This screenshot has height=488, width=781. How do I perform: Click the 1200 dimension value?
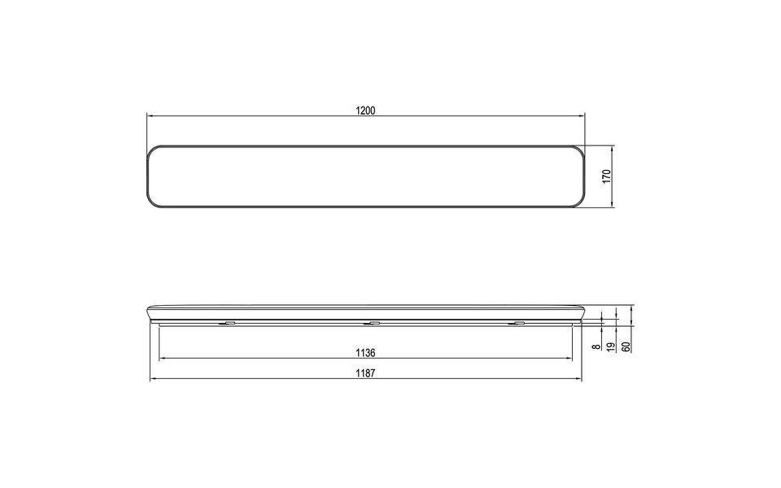click(365, 111)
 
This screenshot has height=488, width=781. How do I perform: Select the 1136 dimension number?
click(365, 353)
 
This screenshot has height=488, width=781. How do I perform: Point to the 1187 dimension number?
click(365, 374)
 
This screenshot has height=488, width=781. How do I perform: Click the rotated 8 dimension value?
click(596, 346)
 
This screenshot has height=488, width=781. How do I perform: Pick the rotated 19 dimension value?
click(612, 346)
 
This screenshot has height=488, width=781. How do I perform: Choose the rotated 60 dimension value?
click(626, 346)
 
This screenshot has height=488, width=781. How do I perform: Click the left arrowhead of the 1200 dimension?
click(150, 116)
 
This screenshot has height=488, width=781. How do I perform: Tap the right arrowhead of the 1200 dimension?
click(582, 116)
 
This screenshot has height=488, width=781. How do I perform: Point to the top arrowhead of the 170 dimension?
click(612, 149)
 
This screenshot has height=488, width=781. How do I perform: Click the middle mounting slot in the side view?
click(372, 325)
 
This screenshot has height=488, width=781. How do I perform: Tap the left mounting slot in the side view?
click(228, 325)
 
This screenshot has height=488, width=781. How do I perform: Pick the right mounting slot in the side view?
click(517, 325)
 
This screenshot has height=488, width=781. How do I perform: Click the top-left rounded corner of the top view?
click(154, 151)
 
